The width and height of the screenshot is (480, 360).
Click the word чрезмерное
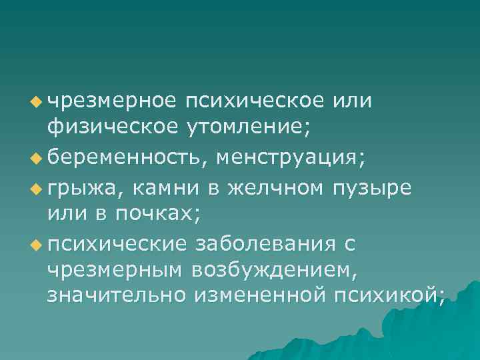click(x=112, y=101)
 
